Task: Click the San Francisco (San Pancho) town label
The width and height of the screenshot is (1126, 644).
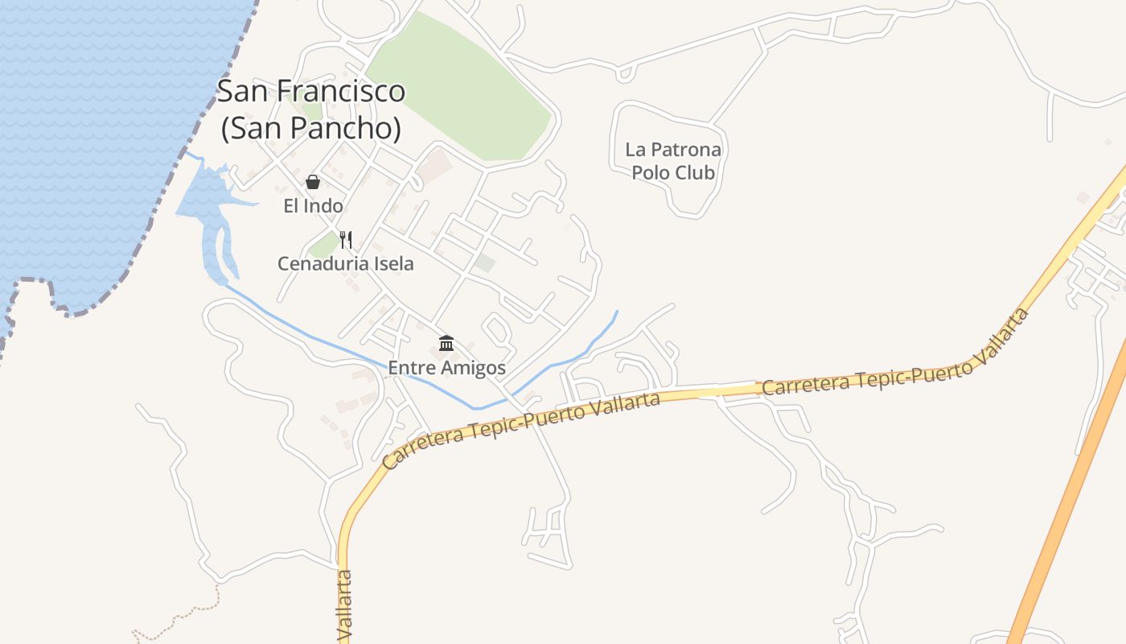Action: (311, 109)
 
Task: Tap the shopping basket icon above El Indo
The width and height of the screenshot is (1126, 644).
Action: (313, 182)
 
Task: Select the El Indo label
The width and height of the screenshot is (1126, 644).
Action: (313, 206)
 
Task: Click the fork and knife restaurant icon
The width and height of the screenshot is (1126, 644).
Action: (346, 239)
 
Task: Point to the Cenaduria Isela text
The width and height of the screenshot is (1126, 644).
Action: (346, 263)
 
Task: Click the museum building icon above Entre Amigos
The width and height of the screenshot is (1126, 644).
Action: (446, 344)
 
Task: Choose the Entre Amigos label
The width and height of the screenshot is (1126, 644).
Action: (446, 368)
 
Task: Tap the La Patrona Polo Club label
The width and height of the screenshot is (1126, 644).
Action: (673, 161)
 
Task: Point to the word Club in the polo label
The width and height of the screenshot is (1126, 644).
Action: (696, 172)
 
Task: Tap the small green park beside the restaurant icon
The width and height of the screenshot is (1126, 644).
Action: (323, 246)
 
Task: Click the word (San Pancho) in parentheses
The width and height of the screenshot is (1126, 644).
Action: (311, 128)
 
